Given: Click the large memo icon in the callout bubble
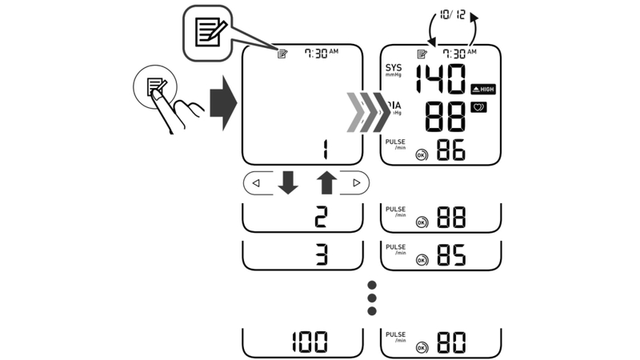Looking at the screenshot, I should point(211,33).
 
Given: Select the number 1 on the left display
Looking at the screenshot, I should point(325,150).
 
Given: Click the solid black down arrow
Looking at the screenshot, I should point(288,183).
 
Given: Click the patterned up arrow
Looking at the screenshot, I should point(326,183).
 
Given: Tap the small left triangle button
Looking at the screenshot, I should point(256,183).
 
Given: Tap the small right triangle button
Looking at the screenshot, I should point(357,183).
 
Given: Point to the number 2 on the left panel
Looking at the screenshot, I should point(320,218).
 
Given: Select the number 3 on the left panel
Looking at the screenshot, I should point(320,254).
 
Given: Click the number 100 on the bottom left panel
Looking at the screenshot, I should point(309,342).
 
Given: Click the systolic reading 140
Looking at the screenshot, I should point(441,80).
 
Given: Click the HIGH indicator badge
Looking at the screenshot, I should point(483,89).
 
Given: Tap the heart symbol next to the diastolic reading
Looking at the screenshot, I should point(478,107).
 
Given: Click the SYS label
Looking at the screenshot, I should point(394,69).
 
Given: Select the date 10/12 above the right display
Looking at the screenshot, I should point(452,15).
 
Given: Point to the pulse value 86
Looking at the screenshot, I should point(450,150).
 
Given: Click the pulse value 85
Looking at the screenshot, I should point(450,254).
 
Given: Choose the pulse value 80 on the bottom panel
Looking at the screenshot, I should point(450,343).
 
